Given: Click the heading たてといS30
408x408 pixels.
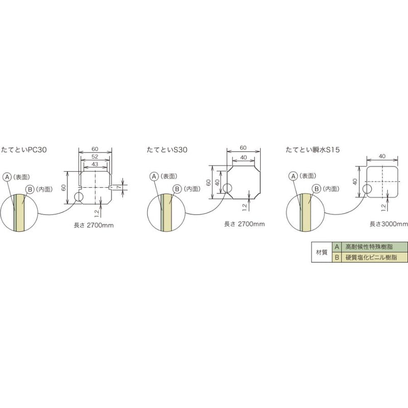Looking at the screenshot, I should coord(167,150).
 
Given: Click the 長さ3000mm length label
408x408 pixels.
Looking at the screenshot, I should coord(389,223).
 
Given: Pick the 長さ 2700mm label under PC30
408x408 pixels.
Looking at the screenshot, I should coord(94,224).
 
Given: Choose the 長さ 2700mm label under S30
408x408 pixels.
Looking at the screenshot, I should coord(245,223).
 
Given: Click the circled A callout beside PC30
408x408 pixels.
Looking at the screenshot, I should coord(7,176).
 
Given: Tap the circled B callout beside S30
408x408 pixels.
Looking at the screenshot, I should coord(177,189).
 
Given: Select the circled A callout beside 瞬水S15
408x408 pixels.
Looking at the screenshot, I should coord(293,176).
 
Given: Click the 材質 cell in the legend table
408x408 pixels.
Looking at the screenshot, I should coord(321,252).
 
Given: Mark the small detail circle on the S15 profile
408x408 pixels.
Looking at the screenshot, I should coord(367,189).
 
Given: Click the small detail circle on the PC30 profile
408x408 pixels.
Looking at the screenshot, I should coord(79,196).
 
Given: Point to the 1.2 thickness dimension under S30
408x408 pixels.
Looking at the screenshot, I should coord(245,206).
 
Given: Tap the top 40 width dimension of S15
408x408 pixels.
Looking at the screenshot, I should coord(382,156).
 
